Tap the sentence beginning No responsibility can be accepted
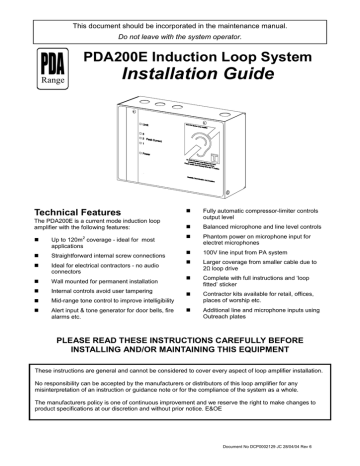(x=180, y=416)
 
